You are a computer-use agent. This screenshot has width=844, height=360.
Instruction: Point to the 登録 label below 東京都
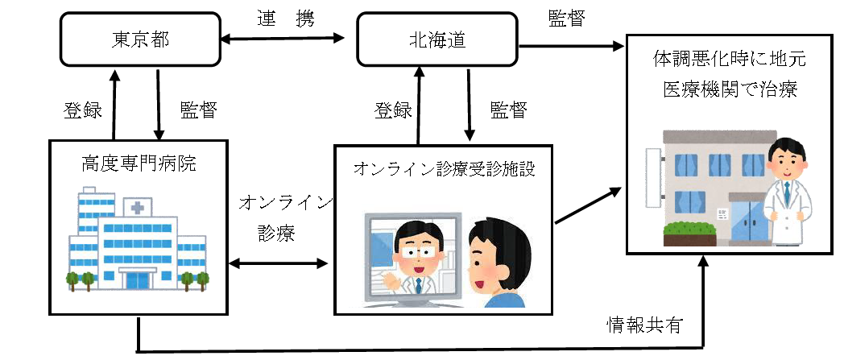point(82,110)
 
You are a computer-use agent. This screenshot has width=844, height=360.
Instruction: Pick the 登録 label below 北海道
point(393,110)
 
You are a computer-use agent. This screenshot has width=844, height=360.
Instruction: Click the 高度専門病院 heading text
point(139,163)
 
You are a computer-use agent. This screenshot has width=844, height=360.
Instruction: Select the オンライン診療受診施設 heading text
point(445,169)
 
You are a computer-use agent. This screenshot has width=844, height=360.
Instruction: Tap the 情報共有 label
point(644,325)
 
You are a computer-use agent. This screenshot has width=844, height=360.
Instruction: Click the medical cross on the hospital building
point(138,209)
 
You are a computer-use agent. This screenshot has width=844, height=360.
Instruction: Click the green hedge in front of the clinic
point(689,231)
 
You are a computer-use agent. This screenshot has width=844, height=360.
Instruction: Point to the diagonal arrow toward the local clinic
point(589,205)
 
